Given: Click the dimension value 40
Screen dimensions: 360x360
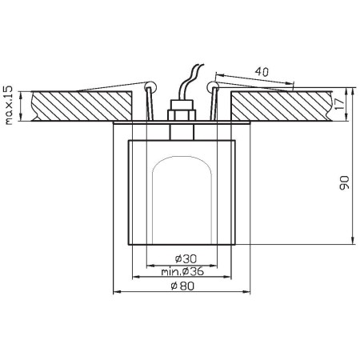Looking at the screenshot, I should [259, 71].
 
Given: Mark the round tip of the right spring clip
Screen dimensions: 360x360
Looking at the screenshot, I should [211, 85].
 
